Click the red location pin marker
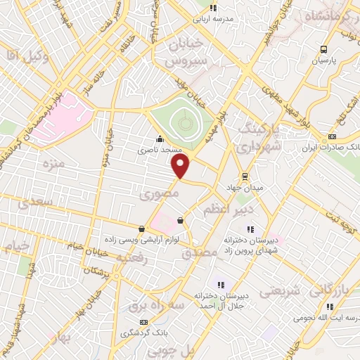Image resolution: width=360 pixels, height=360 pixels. click(181, 166)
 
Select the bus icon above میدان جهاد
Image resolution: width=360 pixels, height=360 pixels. click(245, 176)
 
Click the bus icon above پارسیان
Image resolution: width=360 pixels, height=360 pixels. click(323, 49)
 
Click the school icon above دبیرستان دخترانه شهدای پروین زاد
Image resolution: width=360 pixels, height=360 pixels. click(250, 228)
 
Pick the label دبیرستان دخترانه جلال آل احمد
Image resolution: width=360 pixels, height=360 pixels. click(221, 301)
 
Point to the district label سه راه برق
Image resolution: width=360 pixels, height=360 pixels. click(154, 307)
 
